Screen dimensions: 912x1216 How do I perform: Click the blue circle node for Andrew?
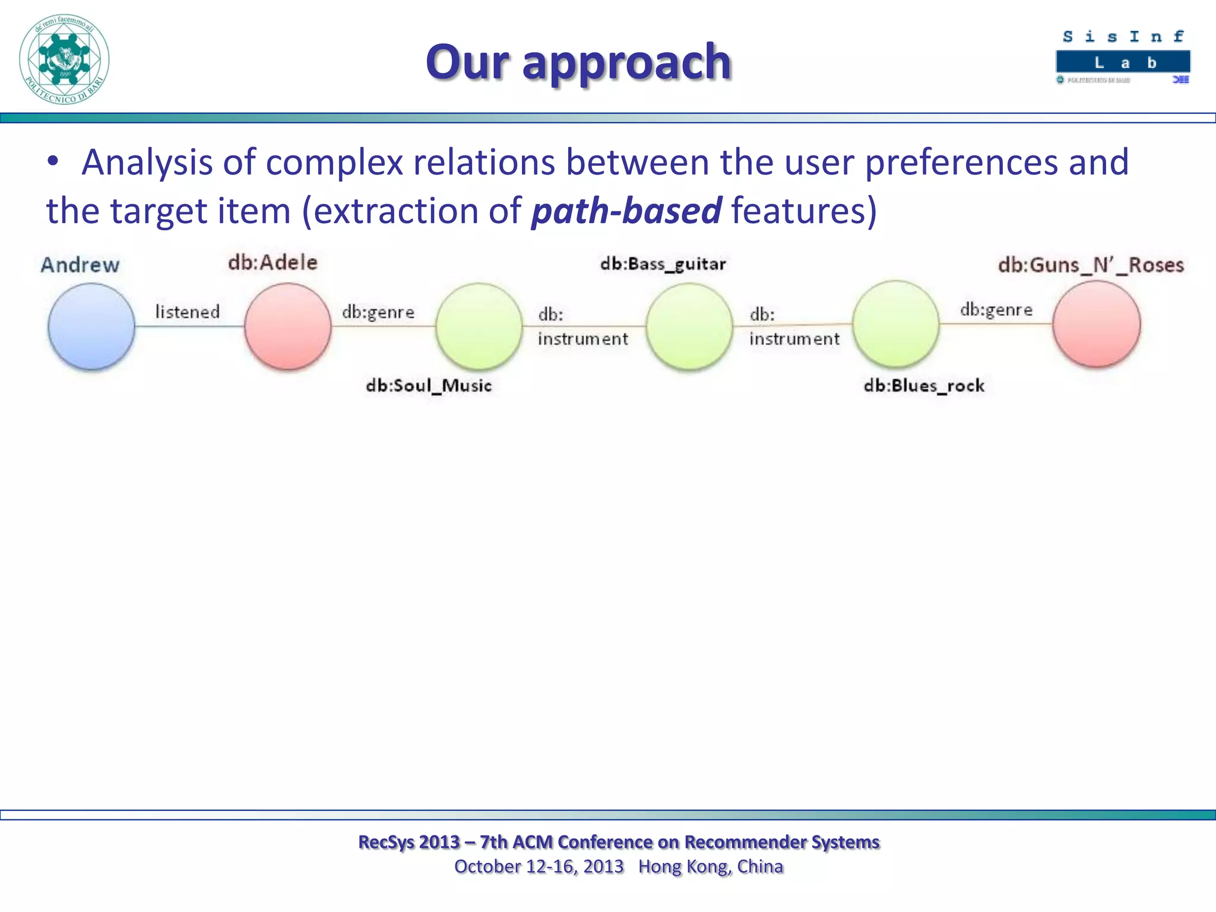(91, 326)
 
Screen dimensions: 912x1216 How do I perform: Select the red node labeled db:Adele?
(288, 326)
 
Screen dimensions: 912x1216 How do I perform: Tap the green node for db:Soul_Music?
(479, 326)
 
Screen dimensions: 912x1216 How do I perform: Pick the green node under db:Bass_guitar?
(689, 326)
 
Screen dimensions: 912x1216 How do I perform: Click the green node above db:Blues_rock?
(896, 324)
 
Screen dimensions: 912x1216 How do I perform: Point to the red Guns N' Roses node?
(1096, 324)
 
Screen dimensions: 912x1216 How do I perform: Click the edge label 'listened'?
(188, 312)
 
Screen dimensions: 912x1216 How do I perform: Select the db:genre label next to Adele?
(378, 312)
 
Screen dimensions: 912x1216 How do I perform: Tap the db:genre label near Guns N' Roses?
(996, 309)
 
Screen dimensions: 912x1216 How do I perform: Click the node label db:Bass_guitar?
(663, 264)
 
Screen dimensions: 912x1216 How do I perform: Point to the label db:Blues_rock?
(924, 386)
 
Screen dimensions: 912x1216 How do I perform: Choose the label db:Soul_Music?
(429, 386)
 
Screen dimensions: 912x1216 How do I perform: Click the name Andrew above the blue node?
(80, 265)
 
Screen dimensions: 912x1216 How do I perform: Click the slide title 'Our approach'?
(578, 62)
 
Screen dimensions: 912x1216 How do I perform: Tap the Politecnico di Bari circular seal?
(64, 59)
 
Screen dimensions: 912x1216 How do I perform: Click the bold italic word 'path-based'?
(626, 211)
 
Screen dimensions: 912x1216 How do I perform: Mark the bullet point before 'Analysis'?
(53, 161)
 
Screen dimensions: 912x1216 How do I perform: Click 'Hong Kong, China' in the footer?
(711, 866)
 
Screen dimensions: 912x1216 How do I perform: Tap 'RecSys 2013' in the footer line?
(409, 842)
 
